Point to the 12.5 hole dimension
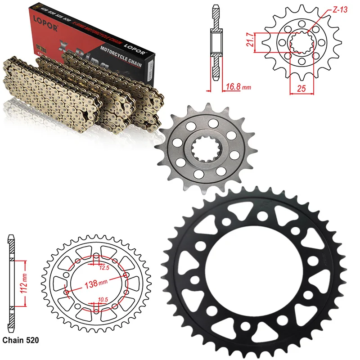click(105, 267)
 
